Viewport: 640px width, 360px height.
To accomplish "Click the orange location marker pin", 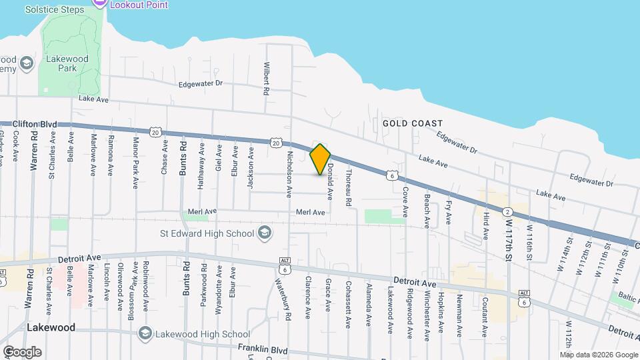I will pyautogui.click(x=321, y=159).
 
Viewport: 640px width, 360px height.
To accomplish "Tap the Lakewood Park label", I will pyautogui.click(x=67, y=64).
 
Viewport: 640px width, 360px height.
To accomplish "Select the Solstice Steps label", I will pyautogui.click(x=55, y=9).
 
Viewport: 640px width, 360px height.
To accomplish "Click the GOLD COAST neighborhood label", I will pyautogui.click(x=412, y=123).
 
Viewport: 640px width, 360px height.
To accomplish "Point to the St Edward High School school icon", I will pyautogui.click(x=265, y=233).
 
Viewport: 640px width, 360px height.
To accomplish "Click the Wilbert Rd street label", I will pyautogui.click(x=267, y=79).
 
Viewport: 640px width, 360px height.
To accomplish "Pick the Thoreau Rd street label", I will pyautogui.click(x=348, y=187).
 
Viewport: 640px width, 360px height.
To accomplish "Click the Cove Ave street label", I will pyautogui.click(x=405, y=201).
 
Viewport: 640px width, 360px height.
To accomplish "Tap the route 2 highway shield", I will pyautogui.click(x=509, y=211).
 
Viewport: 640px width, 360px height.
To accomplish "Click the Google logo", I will pyautogui.click(x=22, y=352).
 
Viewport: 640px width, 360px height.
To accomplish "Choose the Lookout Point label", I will pyautogui.click(x=139, y=5).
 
